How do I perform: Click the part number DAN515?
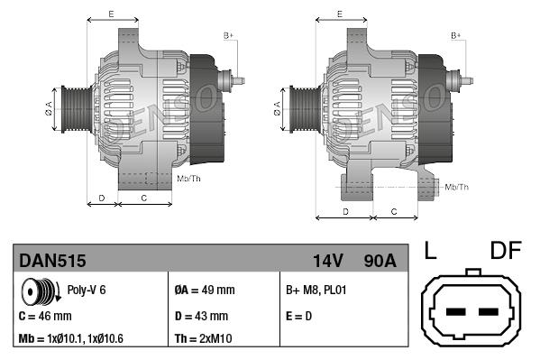tap(52, 261)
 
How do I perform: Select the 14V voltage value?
tap(327, 261)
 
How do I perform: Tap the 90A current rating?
tap(378, 261)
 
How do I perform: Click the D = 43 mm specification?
tap(201, 317)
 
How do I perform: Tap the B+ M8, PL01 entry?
tap(316, 291)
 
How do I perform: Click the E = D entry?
tap(300, 317)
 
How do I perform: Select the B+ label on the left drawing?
tap(228, 35)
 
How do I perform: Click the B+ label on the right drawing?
tap(456, 35)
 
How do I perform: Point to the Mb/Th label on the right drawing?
tap(457, 187)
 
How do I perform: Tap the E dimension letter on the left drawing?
tap(110, 14)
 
